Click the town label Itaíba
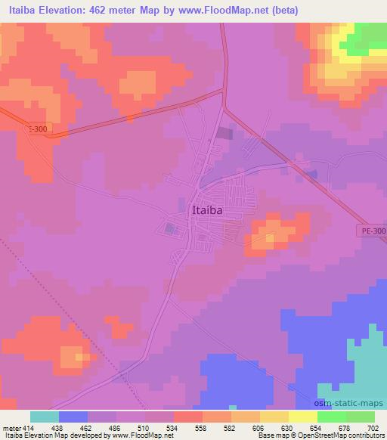207,211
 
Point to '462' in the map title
103,11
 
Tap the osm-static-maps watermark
351,402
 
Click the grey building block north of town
224,134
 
